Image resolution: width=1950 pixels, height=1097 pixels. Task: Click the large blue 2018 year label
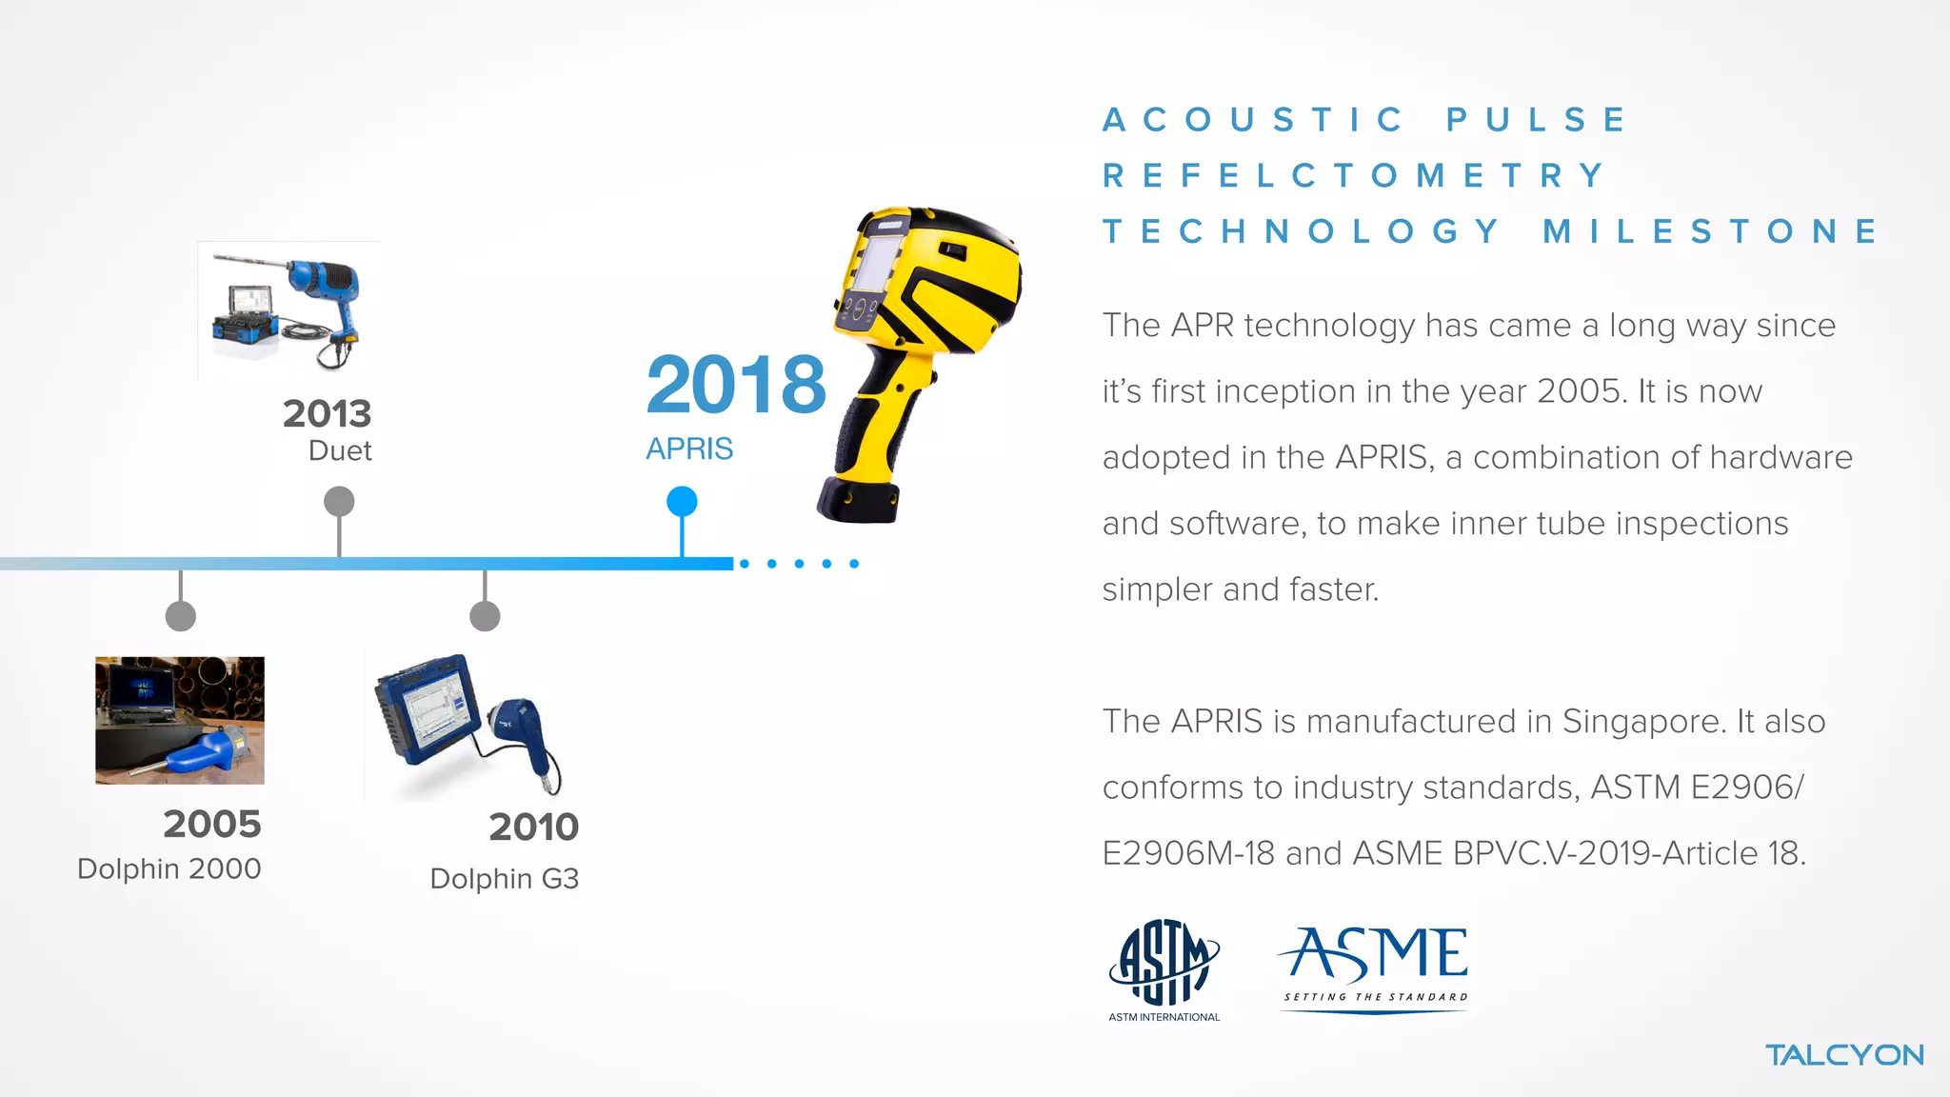click(x=736, y=385)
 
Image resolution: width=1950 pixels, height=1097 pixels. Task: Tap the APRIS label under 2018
click(x=689, y=449)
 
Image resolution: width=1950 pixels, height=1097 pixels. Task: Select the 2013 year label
click(x=327, y=413)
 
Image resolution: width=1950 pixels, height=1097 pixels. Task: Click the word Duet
click(x=340, y=450)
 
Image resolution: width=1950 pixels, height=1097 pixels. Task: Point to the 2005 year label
click(x=211, y=824)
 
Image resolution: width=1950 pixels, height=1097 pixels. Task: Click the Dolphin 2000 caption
click(x=169, y=868)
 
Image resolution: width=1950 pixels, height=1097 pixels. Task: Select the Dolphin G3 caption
click(x=504, y=878)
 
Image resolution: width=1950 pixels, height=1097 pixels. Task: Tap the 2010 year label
click(x=533, y=827)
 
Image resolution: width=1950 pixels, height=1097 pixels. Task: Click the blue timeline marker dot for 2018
click(x=682, y=501)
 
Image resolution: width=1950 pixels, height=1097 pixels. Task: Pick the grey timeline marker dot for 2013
click(x=339, y=501)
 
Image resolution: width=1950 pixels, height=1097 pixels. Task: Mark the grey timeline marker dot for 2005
click(x=181, y=616)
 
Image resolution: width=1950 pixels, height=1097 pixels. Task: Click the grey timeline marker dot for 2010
click(x=485, y=616)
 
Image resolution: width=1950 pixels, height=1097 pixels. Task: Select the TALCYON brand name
click(x=1844, y=1055)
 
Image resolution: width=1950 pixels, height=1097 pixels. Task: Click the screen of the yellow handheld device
click(x=876, y=262)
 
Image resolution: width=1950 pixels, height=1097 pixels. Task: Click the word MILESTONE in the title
click(x=1710, y=231)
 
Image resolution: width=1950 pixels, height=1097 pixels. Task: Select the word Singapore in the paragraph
click(x=1643, y=721)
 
